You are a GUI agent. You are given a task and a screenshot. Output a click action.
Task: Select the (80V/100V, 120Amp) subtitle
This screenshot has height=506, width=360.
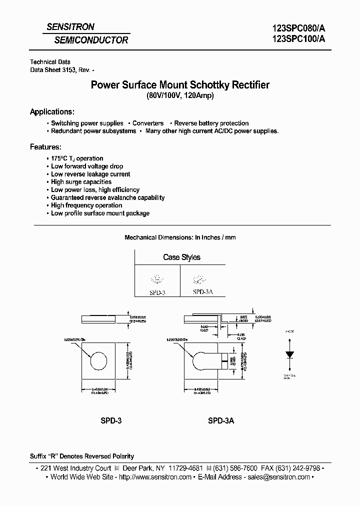coord(179,96)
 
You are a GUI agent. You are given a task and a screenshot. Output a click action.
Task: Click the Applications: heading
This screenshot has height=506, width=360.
coord(52,111)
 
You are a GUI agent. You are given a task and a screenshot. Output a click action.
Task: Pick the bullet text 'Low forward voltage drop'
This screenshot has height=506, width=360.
coord(87,166)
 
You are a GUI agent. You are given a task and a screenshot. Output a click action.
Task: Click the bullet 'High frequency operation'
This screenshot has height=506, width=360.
coord(86,205)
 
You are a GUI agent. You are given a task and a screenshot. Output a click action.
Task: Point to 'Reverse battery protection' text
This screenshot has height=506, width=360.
coord(211,123)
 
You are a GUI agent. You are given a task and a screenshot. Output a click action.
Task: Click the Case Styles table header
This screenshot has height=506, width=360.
coord(181,257)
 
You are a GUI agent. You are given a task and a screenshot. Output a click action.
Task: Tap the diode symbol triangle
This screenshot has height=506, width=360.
coord(289,354)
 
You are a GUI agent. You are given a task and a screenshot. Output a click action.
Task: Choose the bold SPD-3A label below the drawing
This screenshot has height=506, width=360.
coord(220,421)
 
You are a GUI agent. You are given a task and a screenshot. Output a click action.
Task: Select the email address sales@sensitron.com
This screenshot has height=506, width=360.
coord(275,477)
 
